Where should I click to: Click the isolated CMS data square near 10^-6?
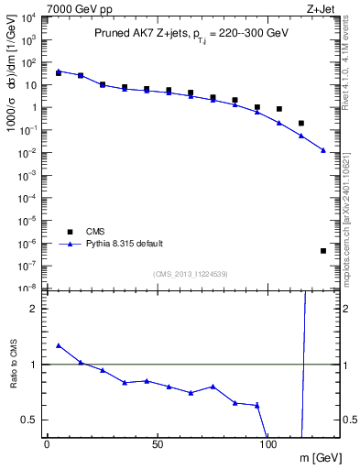point(323,250)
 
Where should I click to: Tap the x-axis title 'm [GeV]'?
point(320,454)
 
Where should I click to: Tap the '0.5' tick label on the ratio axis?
point(28,420)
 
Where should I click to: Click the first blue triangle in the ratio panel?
point(58,345)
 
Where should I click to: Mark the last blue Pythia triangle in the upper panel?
point(323,150)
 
